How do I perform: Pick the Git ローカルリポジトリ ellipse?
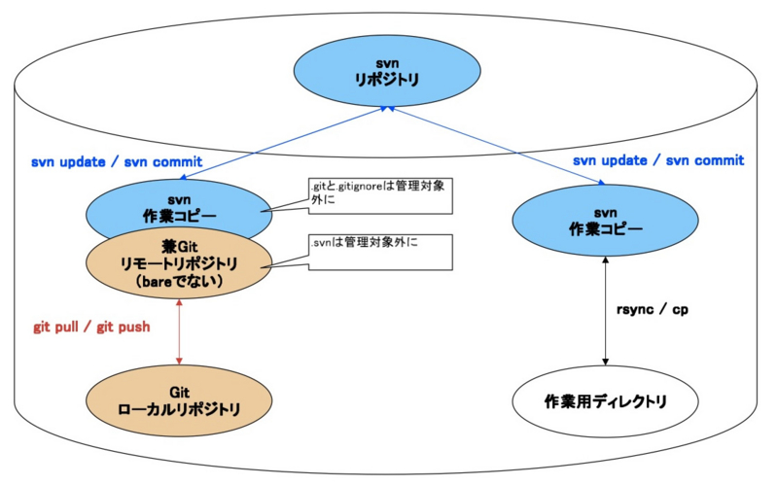[180, 401]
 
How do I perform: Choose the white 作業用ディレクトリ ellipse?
[606, 401]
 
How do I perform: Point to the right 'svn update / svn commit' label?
[658, 160]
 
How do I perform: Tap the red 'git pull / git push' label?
[91, 327]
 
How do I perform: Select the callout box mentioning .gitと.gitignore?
[380, 195]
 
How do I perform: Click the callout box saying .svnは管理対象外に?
[380, 252]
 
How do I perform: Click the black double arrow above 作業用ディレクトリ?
[606, 311]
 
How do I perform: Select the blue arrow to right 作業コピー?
[496, 146]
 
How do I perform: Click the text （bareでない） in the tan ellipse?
[181, 282]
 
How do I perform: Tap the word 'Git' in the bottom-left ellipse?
[180, 391]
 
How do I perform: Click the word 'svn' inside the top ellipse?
[388, 64]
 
